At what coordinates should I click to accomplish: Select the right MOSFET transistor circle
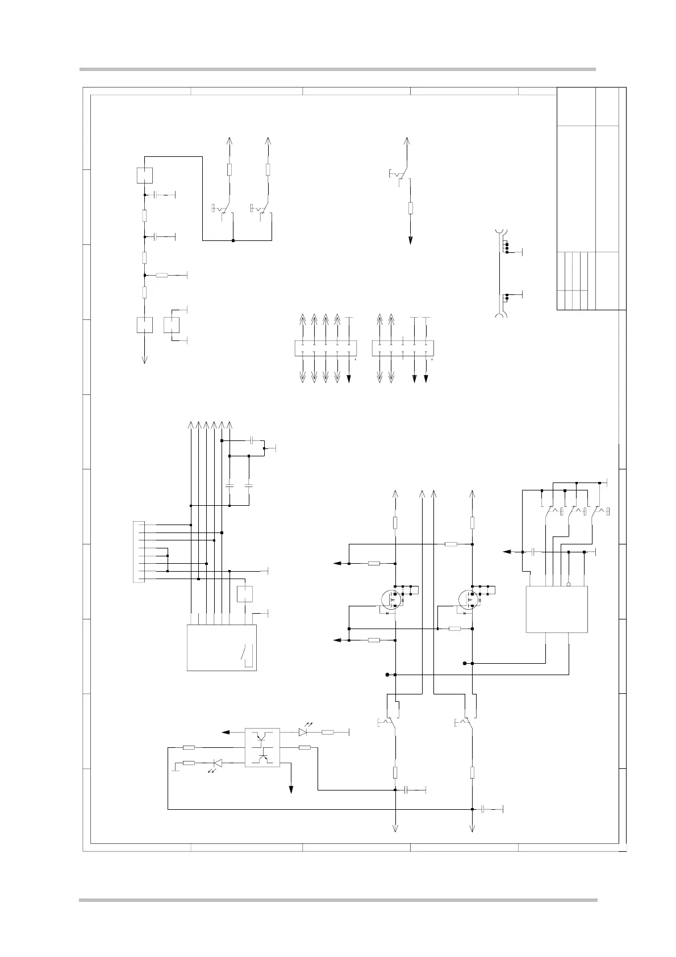468,598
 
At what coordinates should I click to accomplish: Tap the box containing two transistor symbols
262,747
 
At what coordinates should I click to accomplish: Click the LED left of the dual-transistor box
216,763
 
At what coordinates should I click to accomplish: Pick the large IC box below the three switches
556,609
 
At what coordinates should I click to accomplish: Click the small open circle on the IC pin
569,584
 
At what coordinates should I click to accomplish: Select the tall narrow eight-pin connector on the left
138,551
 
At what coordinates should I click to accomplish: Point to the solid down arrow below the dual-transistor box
291,789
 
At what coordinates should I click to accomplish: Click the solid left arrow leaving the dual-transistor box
226,732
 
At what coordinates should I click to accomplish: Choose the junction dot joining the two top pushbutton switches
233,240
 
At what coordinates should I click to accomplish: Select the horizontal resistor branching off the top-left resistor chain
162,276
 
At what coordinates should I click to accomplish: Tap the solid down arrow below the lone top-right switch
410,239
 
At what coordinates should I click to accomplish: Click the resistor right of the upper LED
327,732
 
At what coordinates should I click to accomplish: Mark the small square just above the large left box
244,593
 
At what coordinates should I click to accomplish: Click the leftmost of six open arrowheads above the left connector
190,425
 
